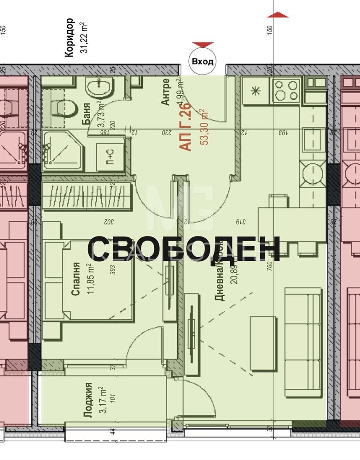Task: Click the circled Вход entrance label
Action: pyautogui.click(x=203, y=61)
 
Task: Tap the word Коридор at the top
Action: pyautogui.click(x=69, y=37)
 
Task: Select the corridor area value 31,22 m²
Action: pyautogui.click(x=84, y=37)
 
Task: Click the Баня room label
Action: pyautogui.click(x=86, y=115)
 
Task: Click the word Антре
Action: pyautogui.click(x=166, y=92)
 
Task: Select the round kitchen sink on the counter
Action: pyautogui.click(x=312, y=171)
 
